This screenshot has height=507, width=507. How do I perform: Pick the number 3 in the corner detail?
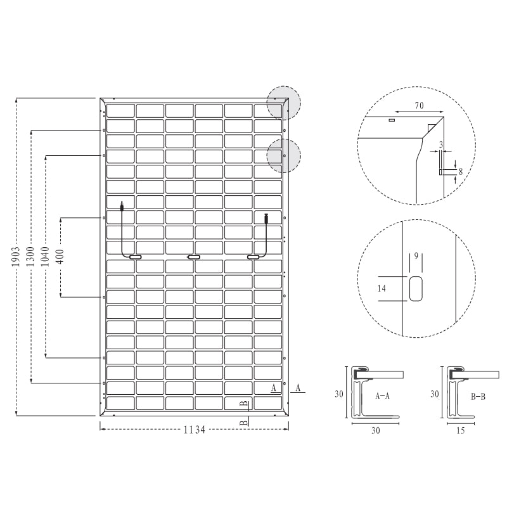[x=440, y=144]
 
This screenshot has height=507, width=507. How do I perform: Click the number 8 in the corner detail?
[x=460, y=171]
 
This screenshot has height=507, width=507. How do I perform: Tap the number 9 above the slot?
[x=416, y=257]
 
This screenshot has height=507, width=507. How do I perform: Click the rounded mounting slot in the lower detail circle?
[x=416, y=288]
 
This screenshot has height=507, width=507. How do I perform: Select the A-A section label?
[x=382, y=395]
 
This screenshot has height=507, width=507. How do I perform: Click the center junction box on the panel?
[x=193, y=257]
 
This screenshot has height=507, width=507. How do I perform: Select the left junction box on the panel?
[x=135, y=257]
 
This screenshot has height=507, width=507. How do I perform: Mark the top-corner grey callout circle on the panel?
[x=283, y=102]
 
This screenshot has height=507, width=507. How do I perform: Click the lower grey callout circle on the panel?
[x=283, y=155]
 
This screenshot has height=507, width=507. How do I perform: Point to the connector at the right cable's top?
[x=266, y=218]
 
